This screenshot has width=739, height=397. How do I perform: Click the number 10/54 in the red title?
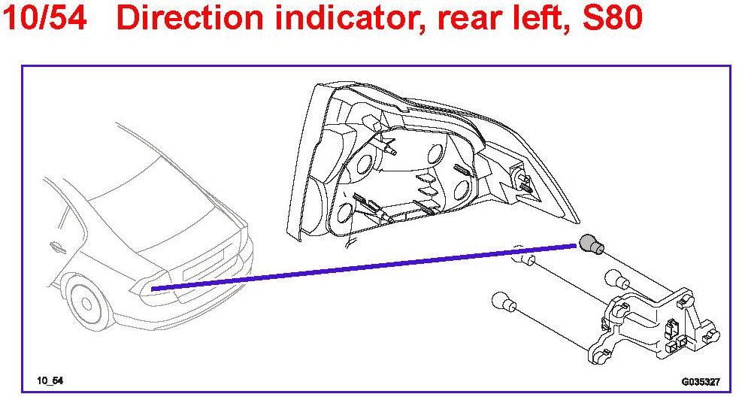(x=45, y=17)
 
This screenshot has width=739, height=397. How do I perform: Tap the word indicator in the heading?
(x=350, y=17)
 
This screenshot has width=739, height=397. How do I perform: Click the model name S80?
(x=613, y=17)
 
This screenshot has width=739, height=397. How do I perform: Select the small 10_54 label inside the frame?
(x=50, y=380)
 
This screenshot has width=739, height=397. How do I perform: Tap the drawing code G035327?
(x=701, y=381)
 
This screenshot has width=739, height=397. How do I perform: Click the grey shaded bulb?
(x=591, y=244)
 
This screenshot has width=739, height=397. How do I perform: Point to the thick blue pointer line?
(x=365, y=267)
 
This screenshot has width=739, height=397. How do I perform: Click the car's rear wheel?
(x=86, y=303)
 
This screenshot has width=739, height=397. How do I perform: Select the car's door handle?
(x=58, y=247)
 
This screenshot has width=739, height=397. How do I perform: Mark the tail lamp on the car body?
(x=153, y=289)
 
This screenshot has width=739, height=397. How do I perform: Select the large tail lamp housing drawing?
(x=426, y=162)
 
